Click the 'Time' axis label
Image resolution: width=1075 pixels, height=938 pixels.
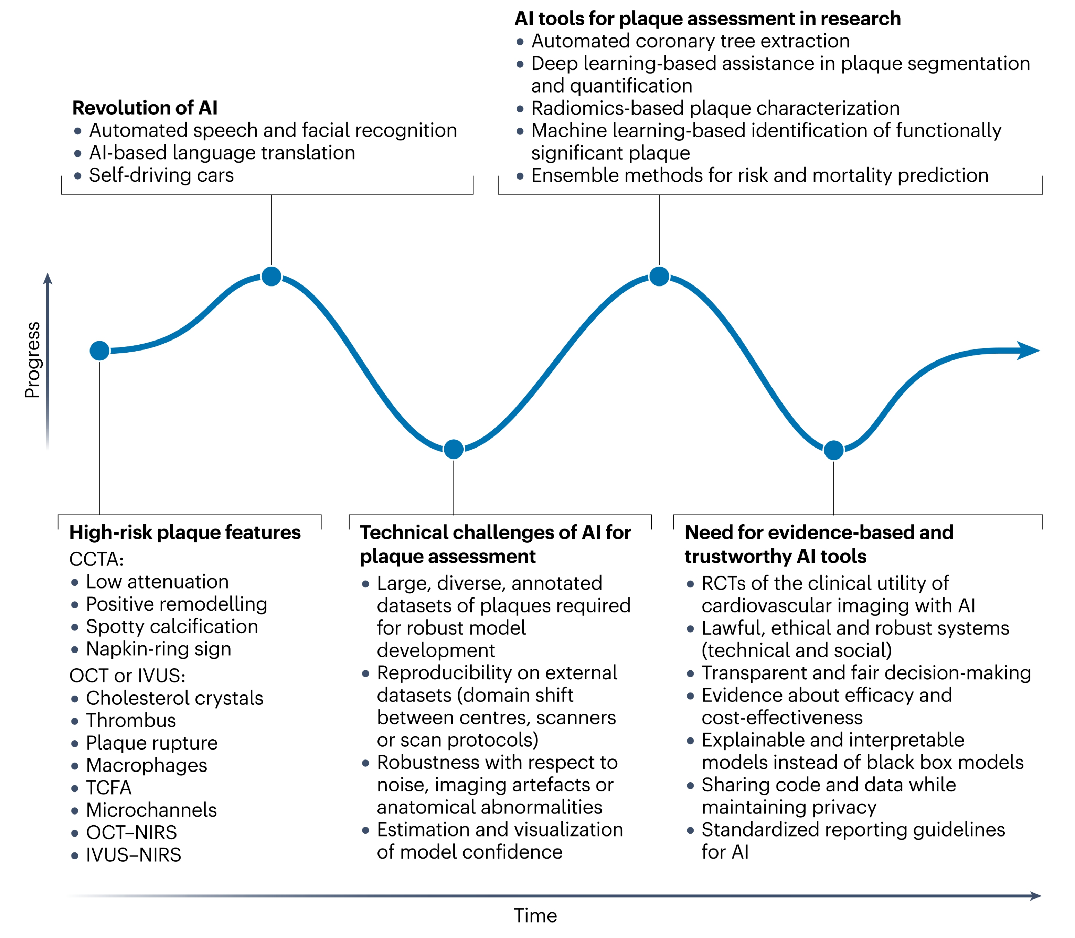pos(535,916)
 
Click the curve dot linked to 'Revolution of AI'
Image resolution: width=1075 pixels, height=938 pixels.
pos(271,276)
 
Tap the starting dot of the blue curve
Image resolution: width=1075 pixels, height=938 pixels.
pos(99,351)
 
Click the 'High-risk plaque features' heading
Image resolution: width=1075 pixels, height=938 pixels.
pos(185,532)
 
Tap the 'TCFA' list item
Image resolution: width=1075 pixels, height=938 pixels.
pos(108,787)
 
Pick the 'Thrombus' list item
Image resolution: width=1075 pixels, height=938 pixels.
pos(131,720)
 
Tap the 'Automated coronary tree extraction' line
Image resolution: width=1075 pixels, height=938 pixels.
pos(690,41)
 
